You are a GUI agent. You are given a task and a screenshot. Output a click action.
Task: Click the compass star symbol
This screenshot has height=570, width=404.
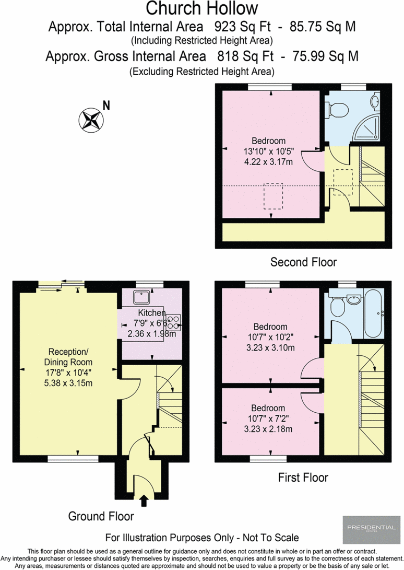tap(91, 120)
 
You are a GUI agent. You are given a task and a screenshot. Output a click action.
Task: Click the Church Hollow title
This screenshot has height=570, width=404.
tap(201, 9)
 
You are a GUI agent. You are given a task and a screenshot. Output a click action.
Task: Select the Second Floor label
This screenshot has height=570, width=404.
tap(303, 262)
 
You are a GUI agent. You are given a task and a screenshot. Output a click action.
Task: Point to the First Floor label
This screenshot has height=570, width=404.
tap(303, 477)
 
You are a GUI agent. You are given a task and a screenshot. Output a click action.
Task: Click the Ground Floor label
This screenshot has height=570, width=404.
tap(101, 516)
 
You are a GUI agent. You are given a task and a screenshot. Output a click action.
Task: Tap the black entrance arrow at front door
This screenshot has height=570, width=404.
tap(144, 502)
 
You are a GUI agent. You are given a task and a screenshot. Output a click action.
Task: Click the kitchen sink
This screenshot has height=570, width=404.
tap(141, 297)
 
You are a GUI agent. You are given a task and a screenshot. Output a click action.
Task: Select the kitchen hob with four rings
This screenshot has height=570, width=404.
tap(174, 321)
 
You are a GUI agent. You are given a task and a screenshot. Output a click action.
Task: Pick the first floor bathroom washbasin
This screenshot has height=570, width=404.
tap(354, 300)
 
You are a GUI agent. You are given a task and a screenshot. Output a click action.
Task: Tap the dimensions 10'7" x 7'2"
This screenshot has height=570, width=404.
tap(268, 419)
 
